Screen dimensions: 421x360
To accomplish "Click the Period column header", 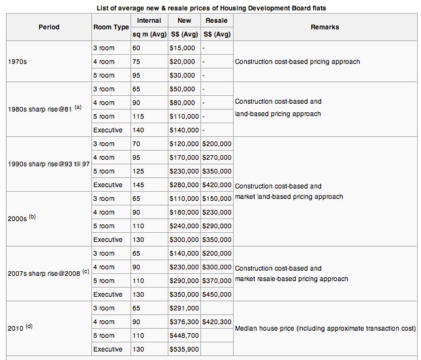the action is (x=49, y=27).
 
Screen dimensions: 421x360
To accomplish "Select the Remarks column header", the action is (x=325, y=27).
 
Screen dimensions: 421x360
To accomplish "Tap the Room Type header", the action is (x=111, y=27).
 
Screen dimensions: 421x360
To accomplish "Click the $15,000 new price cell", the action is (x=182, y=48).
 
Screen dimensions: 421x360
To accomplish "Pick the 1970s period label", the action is (x=18, y=62).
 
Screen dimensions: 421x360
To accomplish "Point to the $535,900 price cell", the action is (x=184, y=350).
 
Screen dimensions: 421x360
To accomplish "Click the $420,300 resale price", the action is (x=217, y=322).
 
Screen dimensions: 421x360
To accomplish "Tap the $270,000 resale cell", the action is (x=217, y=157).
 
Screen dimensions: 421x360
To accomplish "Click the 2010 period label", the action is (x=20, y=327).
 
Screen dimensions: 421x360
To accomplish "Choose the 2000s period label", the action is (x=22, y=218).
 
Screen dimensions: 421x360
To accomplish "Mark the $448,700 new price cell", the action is (x=184, y=336).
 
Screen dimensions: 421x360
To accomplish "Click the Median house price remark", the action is (x=326, y=329).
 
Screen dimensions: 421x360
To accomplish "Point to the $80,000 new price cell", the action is (x=182, y=103).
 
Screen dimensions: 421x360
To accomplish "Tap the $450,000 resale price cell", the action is (x=217, y=295).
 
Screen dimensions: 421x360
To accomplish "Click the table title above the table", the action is (x=211, y=8).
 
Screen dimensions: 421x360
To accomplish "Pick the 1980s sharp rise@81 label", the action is (x=44, y=109).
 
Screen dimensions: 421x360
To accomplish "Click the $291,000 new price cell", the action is (x=184, y=308).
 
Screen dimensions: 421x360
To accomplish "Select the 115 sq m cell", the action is (x=138, y=117).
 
